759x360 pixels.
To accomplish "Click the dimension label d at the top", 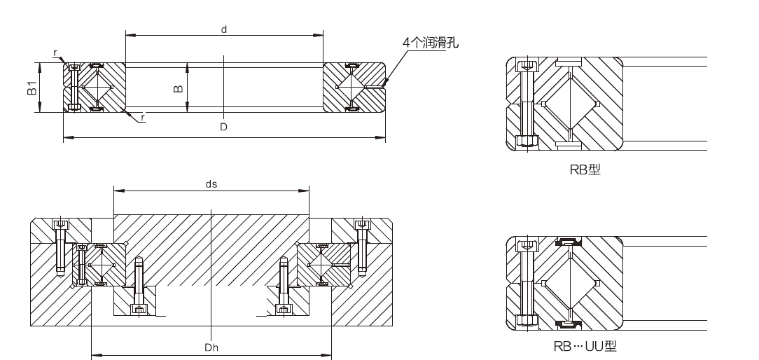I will click(223, 29).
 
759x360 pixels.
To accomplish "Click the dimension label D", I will click(223, 127).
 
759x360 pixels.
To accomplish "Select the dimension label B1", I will click(32, 88).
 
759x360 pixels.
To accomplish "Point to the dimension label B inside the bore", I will click(179, 88).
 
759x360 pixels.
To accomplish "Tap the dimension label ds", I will click(211, 184).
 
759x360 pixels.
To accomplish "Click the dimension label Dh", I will click(211, 347).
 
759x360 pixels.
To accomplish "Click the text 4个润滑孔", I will click(431, 42).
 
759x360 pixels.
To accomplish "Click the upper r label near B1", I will click(55, 53).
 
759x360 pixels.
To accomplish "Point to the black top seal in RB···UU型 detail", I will click(570, 243).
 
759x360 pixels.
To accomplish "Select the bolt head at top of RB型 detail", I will click(527, 67).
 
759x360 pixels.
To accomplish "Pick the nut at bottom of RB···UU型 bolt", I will click(527, 320).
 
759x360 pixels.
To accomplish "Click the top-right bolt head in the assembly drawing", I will click(362, 225).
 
